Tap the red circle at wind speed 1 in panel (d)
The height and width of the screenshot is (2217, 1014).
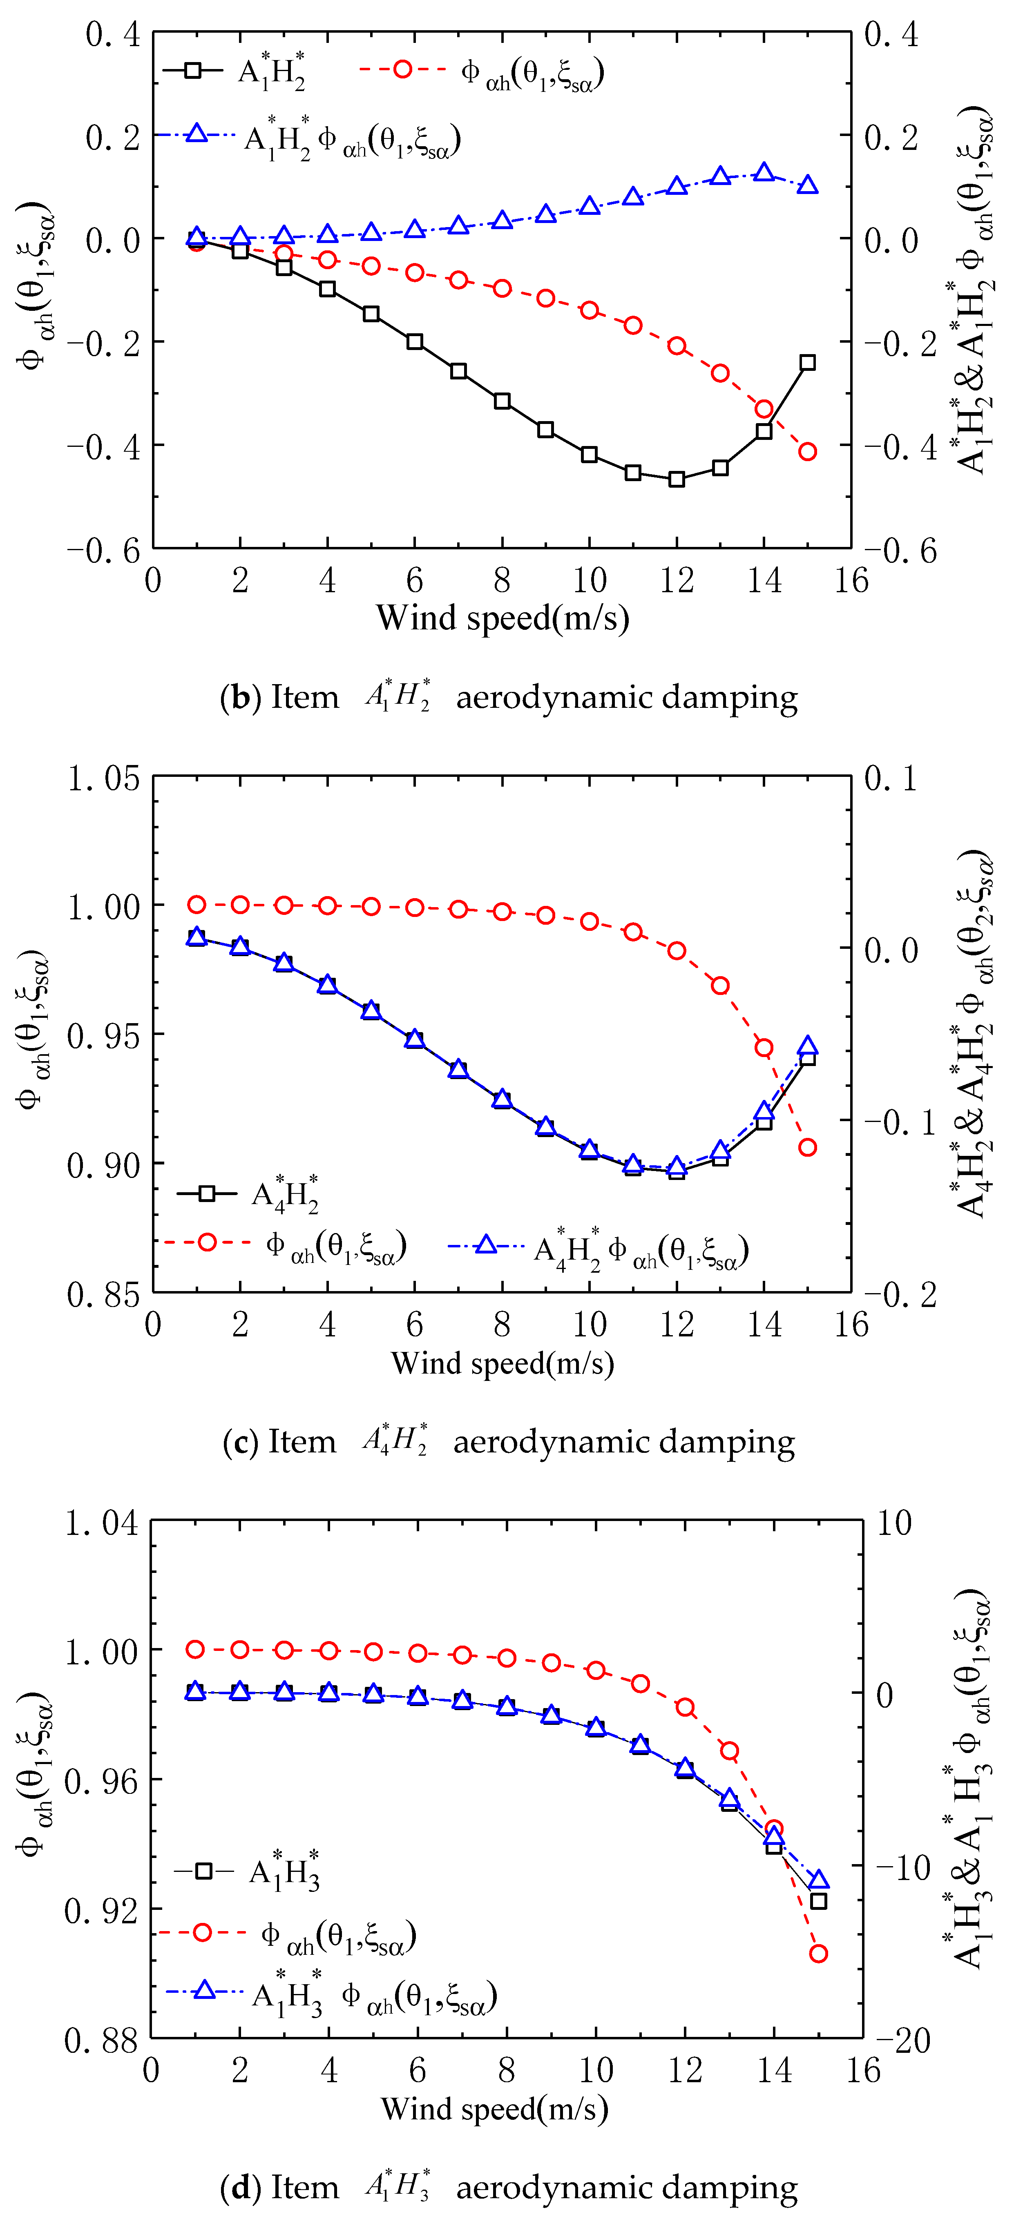pos(195,1649)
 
